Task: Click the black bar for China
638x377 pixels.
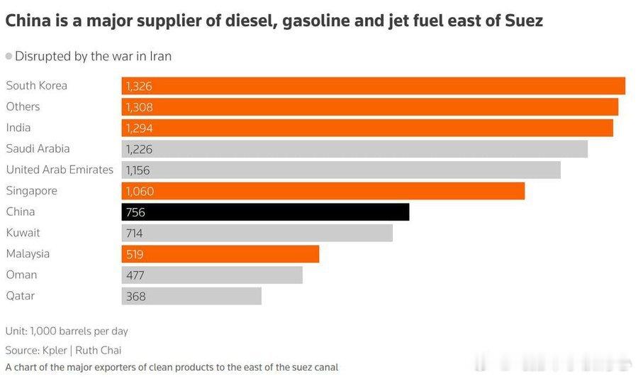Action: (x=265, y=212)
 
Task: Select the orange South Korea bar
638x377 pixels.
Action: (x=374, y=86)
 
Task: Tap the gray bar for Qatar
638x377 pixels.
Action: (x=191, y=296)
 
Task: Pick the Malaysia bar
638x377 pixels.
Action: (x=220, y=254)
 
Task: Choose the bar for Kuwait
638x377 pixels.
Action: (x=257, y=233)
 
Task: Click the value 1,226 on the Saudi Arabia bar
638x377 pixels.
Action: (x=139, y=149)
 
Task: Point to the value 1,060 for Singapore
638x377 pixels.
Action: (x=139, y=191)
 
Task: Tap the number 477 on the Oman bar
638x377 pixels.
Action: (x=135, y=275)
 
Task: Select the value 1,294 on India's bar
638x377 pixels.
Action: (x=139, y=129)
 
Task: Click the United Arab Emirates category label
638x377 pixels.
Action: (x=60, y=170)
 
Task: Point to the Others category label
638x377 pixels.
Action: (x=23, y=106)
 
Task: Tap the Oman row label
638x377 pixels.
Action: (x=21, y=275)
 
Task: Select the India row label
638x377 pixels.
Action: (x=18, y=128)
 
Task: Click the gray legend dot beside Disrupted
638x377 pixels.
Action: (x=9, y=55)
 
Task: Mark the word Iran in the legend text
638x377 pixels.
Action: (x=160, y=55)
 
